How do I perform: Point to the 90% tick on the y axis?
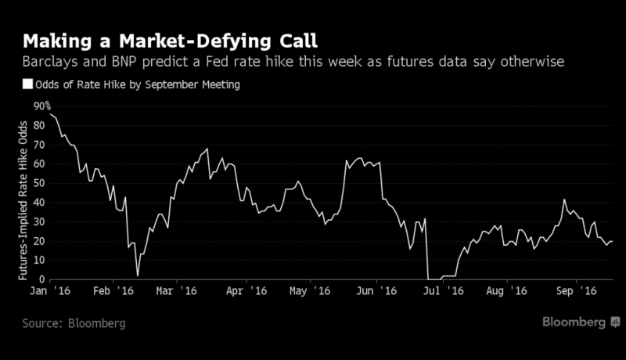[x=42, y=106]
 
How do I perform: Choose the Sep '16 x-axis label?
[x=577, y=290]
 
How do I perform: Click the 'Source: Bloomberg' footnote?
[x=74, y=322]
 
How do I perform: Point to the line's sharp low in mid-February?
[x=138, y=275]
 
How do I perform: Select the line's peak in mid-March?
[x=207, y=149]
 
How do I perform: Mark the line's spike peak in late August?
[x=564, y=200]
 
